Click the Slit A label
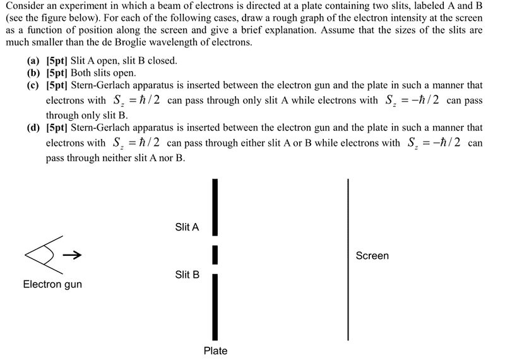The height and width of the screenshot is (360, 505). [x=187, y=227]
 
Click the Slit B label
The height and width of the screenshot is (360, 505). [x=187, y=275]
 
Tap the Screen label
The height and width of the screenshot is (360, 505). [x=372, y=256]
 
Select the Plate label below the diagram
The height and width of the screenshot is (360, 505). [x=215, y=351]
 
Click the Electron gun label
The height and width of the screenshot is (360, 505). [x=52, y=284]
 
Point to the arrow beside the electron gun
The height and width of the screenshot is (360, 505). [x=73, y=256]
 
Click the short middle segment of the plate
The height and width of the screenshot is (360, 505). [x=215, y=255]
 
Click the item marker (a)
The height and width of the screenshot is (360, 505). [x=33, y=61]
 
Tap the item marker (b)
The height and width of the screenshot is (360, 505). [x=33, y=73]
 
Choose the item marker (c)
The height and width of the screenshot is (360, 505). [x=33, y=85]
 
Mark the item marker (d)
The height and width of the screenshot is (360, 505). [x=33, y=127]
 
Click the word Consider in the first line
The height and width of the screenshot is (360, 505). [x=25, y=7]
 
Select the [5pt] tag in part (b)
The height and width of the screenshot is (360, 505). [x=59, y=73]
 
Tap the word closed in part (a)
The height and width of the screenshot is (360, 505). [x=162, y=61]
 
